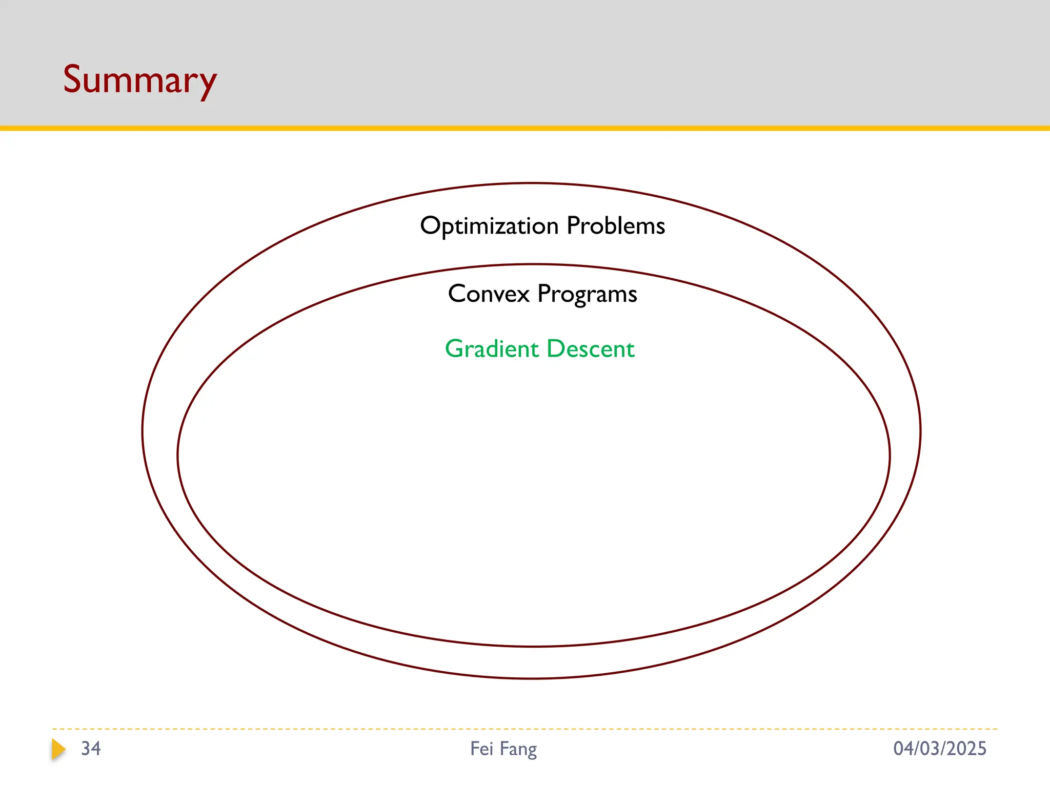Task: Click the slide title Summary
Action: (139, 80)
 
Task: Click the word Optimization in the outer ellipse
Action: (489, 226)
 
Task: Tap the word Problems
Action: (616, 226)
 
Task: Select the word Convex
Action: (489, 294)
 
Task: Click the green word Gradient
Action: (491, 349)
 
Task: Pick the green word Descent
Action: (591, 349)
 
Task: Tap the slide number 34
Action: (91, 749)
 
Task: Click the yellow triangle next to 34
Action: (58, 749)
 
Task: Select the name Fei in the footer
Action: (481, 749)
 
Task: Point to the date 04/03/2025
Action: (939, 749)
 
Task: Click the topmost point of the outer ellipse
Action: (531, 183)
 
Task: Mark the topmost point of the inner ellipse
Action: (533, 264)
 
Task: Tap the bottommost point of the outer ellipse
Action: (531, 678)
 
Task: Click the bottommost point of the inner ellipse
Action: (533, 647)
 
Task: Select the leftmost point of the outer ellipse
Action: (143, 430)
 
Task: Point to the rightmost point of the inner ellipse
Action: (890, 455)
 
